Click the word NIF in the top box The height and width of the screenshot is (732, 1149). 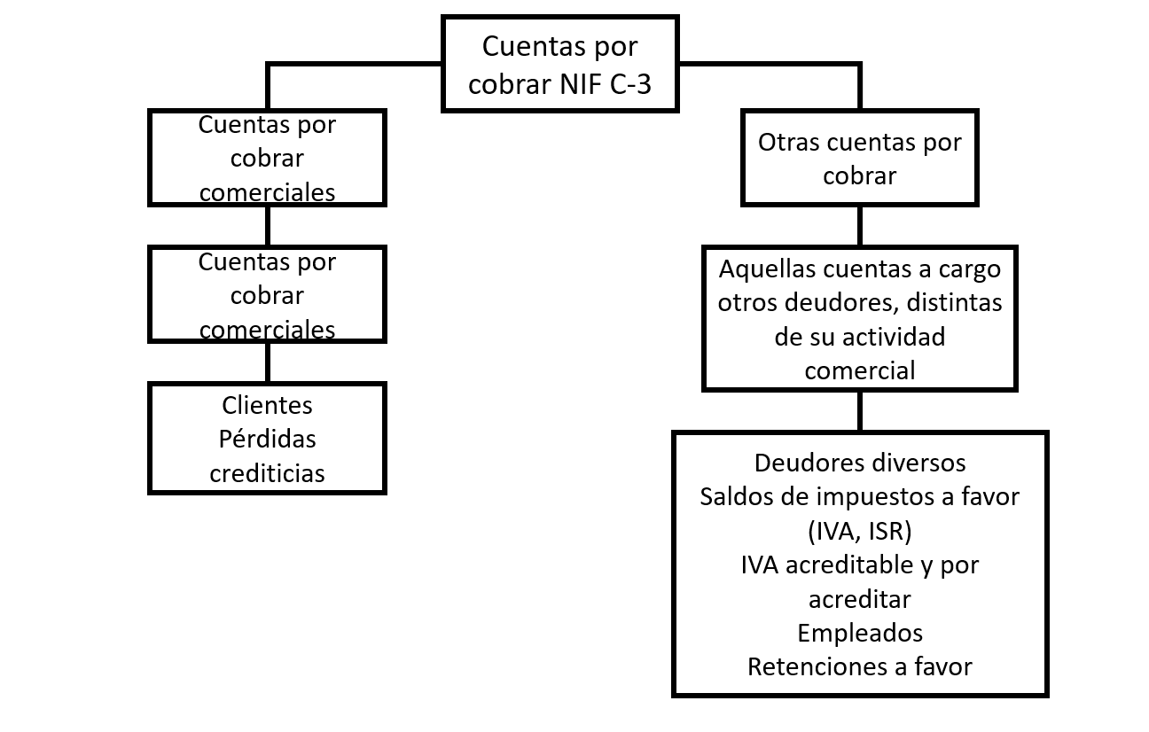click(x=581, y=84)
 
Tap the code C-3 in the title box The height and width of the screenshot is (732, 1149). click(x=630, y=84)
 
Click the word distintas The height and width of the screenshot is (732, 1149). click(x=954, y=302)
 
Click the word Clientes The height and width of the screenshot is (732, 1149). click(x=267, y=406)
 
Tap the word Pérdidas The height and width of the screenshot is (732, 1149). click(x=267, y=440)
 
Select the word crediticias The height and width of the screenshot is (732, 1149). click(x=267, y=473)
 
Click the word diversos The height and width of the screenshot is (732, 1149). click(x=915, y=463)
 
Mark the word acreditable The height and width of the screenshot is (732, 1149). click(x=849, y=565)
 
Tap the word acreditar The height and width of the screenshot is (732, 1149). click(x=860, y=599)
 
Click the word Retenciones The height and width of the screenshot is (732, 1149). click(x=817, y=667)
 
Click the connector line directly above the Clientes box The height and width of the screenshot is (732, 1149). click(x=268, y=362)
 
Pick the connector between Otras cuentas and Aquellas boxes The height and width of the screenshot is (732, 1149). click(x=860, y=226)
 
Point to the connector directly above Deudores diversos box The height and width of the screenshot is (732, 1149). click(x=860, y=411)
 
